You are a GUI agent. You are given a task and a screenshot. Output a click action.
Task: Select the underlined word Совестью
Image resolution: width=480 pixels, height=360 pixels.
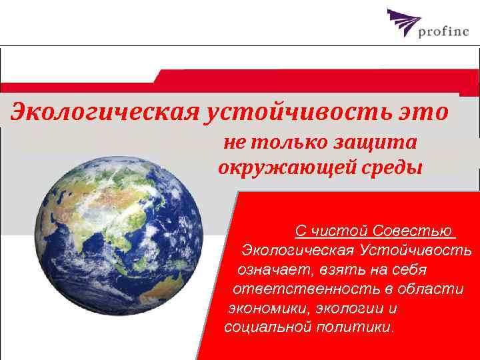click(413, 231)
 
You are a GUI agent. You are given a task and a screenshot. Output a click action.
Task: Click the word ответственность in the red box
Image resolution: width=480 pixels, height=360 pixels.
click(306, 289)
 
